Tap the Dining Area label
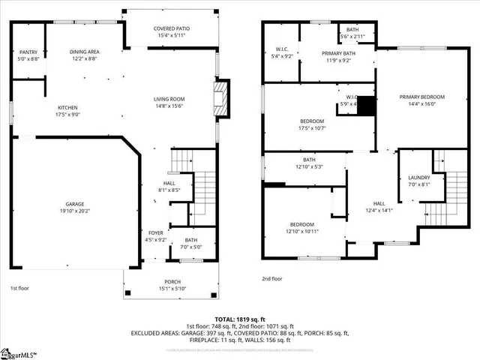tap(85, 51)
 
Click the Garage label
tap(73, 203)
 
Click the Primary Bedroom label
tap(421, 97)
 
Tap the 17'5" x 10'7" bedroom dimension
tap(312, 129)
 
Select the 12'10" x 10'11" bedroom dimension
tap(303, 232)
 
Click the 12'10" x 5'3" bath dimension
tap(309, 166)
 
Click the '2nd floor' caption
tap(273, 278)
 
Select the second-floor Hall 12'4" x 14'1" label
tap(379, 206)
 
